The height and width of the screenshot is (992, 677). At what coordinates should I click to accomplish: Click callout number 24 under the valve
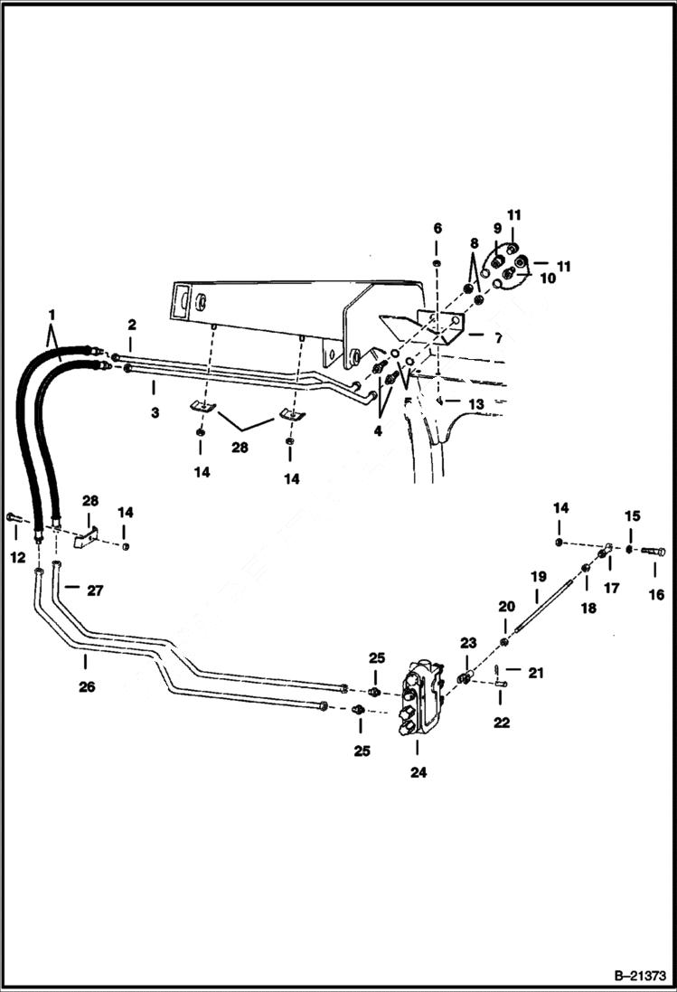pyautogui.click(x=418, y=772)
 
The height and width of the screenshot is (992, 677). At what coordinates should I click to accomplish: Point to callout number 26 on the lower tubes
pyautogui.click(x=86, y=686)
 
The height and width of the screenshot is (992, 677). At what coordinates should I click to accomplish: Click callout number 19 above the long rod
pyautogui.click(x=539, y=575)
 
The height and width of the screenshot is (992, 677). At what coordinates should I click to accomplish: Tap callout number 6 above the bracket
pyautogui.click(x=437, y=227)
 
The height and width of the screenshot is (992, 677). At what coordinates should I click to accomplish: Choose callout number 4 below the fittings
pyautogui.click(x=378, y=431)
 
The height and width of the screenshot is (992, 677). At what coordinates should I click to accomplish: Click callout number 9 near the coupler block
pyautogui.click(x=496, y=228)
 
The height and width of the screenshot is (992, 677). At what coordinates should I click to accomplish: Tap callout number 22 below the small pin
pyautogui.click(x=502, y=723)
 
